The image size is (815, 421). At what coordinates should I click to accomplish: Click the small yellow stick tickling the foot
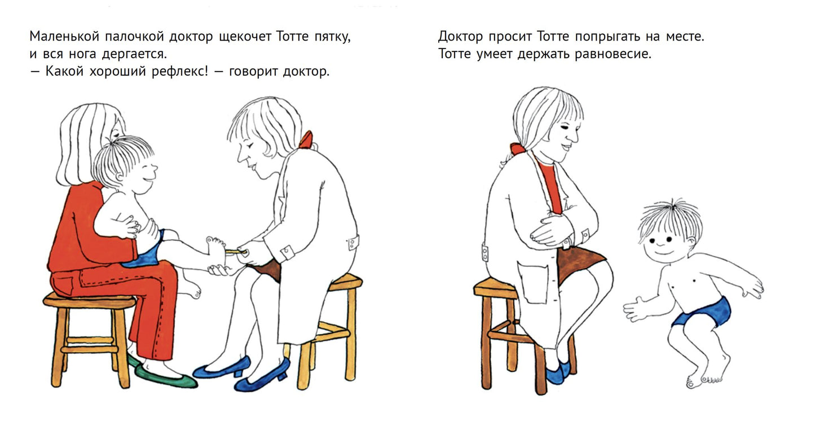click(x=232, y=251)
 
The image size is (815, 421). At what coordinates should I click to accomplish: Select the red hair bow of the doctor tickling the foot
click(x=306, y=139)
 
